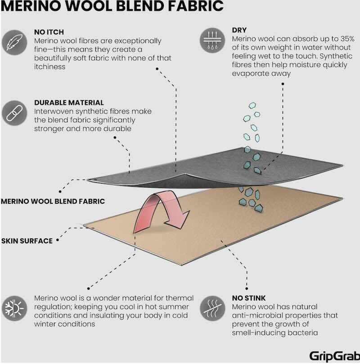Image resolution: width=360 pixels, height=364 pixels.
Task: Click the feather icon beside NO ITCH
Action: click(x=14, y=43)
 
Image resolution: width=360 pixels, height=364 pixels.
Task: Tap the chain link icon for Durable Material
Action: click(x=14, y=113)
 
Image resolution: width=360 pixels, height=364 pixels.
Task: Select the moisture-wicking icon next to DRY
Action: click(x=212, y=40)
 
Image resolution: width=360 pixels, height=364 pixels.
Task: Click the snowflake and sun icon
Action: click(x=14, y=308)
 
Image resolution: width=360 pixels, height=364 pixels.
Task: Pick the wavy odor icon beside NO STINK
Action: click(x=212, y=308)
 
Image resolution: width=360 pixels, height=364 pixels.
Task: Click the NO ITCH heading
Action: click(x=49, y=32)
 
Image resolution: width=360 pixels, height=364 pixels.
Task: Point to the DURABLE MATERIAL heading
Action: click(x=69, y=103)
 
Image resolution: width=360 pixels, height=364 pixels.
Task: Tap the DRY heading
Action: click(x=239, y=30)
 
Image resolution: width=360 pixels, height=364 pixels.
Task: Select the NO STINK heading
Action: click(x=249, y=298)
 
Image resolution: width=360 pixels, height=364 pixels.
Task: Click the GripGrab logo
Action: click(x=334, y=356)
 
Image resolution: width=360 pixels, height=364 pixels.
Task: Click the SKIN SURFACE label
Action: click(x=27, y=241)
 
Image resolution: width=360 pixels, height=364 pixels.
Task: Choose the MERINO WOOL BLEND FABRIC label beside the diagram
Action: click(x=53, y=201)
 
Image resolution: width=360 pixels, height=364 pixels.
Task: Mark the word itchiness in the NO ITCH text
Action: click(x=49, y=67)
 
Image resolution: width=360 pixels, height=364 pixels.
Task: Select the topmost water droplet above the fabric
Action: click(x=252, y=106)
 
